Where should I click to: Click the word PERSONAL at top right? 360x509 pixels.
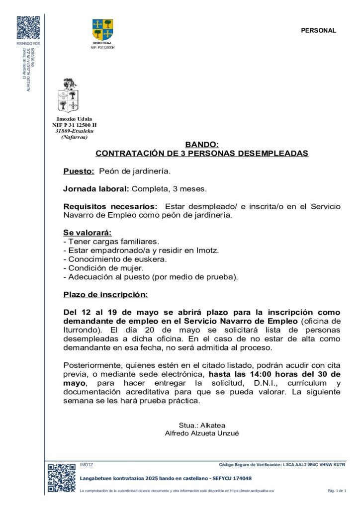tap(318, 30)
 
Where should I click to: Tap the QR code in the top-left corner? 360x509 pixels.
tap(28, 28)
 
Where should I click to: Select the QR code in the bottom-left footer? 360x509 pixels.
tap(61, 478)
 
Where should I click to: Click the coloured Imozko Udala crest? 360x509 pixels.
tap(103, 29)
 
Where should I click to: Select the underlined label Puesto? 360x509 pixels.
tap(79, 171)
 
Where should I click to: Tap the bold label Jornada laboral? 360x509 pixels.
tap(96, 189)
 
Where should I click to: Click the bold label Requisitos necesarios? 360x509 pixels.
tap(110, 207)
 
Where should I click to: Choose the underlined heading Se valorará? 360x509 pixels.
tap(88, 233)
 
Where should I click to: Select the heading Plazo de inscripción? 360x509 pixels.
tap(105, 295)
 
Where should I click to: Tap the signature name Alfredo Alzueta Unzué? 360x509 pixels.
tap(202, 433)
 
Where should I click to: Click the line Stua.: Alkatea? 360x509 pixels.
tap(202, 425)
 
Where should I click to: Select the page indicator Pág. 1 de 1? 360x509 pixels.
tap(336, 491)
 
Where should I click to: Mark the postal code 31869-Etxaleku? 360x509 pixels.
tap(74, 131)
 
